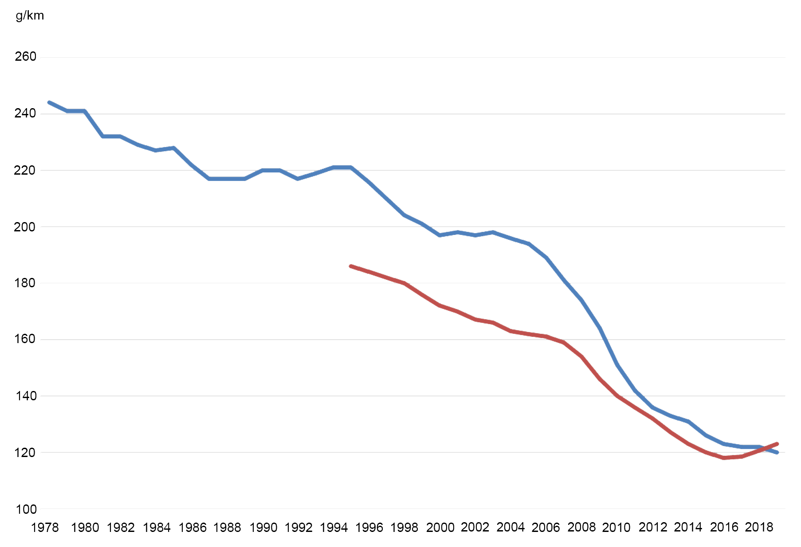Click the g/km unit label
click(x=30, y=16)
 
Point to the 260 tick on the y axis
click(x=25, y=57)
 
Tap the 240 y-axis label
click(x=25, y=113)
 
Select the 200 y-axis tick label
click(x=25, y=227)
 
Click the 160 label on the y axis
click(x=25, y=339)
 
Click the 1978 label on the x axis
click(x=45, y=527)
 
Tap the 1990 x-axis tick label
click(x=263, y=527)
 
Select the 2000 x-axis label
click(x=440, y=527)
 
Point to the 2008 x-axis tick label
click(x=581, y=527)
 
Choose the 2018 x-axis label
click(x=759, y=527)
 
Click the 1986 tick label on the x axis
click(x=193, y=527)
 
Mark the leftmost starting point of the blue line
click(x=49, y=102)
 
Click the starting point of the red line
click(x=351, y=266)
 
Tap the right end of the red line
click(x=777, y=444)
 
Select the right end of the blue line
click(x=777, y=453)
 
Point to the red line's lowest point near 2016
click(x=724, y=458)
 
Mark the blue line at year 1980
click(x=85, y=111)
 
